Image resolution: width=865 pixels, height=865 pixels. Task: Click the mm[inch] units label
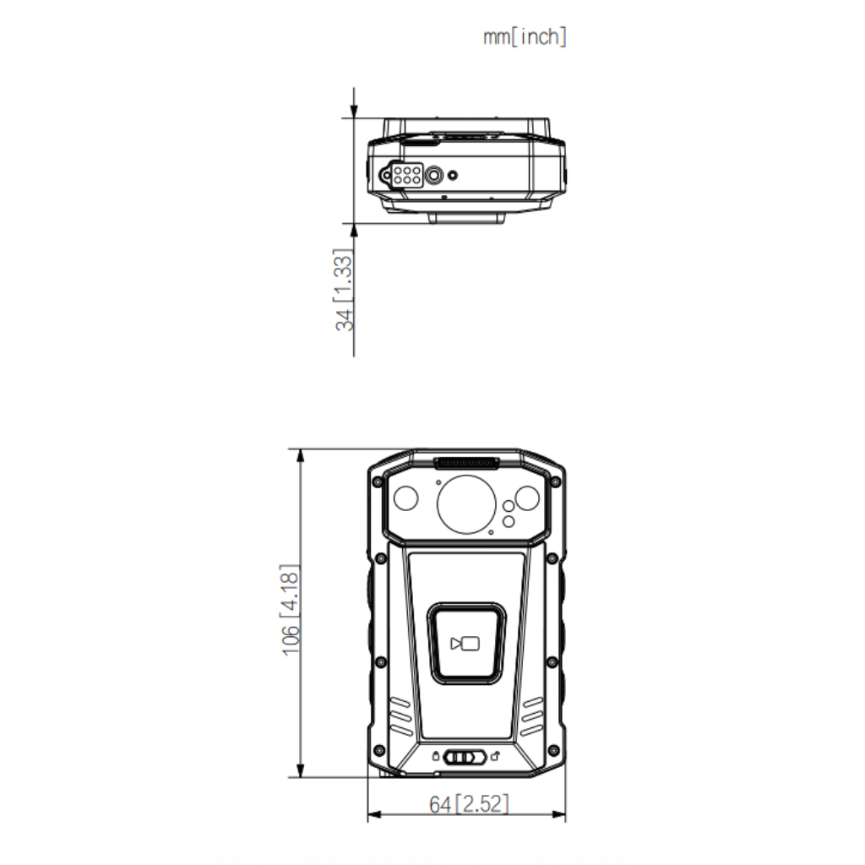click(x=525, y=37)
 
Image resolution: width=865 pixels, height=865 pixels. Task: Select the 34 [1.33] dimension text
click(x=343, y=290)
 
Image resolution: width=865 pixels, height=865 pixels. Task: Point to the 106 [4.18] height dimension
click(x=291, y=610)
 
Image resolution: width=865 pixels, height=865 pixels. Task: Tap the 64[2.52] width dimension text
click(x=469, y=804)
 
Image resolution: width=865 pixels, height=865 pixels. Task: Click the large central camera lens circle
click(x=466, y=504)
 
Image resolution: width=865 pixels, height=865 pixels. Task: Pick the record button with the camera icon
click(x=466, y=643)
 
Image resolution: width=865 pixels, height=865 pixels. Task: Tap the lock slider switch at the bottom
click(x=465, y=757)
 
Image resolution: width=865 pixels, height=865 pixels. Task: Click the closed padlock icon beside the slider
click(x=436, y=756)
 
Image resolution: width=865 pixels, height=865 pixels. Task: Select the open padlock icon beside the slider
click(x=495, y=756)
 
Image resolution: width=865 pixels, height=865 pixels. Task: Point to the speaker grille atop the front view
click(x=466, y=463)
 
